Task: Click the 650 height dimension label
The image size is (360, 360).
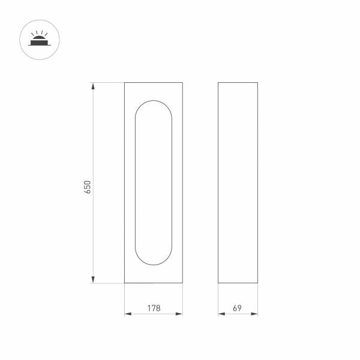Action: pyautogui.click(x=88, y=187)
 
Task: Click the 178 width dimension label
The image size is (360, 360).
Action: pyautogui.click(x=154, y=308)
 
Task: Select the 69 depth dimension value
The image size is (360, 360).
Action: pyautogui.click(x=237, y=308)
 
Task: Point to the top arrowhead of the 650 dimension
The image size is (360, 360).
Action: pyautogui.click(x=93, y=86)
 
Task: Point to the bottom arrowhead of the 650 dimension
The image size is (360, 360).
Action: pyautogui.click(x=93, y=279)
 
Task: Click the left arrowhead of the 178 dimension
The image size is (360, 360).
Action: pyautogui.click(x=127, y=314)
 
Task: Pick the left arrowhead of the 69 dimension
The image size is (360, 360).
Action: pyautogui.click(x=221, y=314)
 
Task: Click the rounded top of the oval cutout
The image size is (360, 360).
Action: pyautogui.click(x=154, y=100)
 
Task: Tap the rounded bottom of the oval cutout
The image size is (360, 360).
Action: pyautogui.click(x=154, y=265)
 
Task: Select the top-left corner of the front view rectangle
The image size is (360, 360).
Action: pyautogui.click(x=124, y=82)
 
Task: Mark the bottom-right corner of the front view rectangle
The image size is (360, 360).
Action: pyautogui.click(x=182, y=283)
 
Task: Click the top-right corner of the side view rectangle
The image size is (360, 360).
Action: pyautogui.click(x=258, y=82)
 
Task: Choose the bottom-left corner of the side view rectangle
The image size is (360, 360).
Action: pyautogui.click(x=218, y=283)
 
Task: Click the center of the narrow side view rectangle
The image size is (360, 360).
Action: pyautogui.click(x=238, y=182)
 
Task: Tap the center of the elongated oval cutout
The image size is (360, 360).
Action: pyautogui.click(x=154, y=182)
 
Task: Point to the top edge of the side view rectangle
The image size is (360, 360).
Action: pyautogui.click(x=238, y=82)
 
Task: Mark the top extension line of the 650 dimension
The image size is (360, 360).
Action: pyautogui.click(x=108, y=82)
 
